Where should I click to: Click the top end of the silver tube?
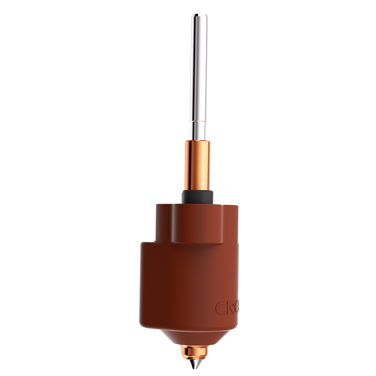(200, 16)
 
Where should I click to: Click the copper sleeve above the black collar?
(197, 165)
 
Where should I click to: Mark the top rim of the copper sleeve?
(197, 142)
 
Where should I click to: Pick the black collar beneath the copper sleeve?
(197, 197)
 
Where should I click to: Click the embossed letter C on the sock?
(220, 308)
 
